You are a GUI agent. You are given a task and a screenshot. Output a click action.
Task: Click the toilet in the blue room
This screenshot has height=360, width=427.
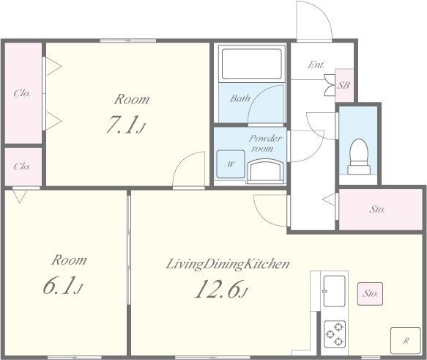359,157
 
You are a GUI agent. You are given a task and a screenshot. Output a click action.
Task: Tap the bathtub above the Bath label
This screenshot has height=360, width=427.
252,64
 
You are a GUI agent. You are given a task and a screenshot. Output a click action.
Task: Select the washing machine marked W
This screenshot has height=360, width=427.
231,164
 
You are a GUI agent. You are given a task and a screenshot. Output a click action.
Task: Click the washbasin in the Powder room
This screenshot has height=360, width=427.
264,171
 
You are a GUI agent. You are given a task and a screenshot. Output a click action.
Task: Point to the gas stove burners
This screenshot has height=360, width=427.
335,334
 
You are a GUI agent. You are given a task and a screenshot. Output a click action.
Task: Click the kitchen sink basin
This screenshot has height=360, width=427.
334,291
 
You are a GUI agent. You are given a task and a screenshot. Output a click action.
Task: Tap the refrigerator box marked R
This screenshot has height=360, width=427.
406,340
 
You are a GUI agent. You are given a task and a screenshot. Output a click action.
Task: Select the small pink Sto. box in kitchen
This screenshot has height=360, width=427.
370,294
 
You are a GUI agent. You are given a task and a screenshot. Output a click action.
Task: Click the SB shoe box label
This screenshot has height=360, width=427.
344,85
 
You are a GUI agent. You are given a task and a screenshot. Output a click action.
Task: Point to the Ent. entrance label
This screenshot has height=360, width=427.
316,65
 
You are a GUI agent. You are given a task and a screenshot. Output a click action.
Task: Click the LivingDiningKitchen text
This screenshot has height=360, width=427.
228,264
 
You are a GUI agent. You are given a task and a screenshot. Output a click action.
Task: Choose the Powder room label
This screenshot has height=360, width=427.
264,143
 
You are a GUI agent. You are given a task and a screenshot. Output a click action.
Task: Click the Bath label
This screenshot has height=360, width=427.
240,98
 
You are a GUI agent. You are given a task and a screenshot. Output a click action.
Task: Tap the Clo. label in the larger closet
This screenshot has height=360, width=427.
22,93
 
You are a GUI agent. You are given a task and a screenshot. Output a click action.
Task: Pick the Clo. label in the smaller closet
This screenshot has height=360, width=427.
22,166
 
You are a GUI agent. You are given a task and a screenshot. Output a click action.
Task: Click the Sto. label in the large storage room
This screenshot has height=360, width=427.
377,209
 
